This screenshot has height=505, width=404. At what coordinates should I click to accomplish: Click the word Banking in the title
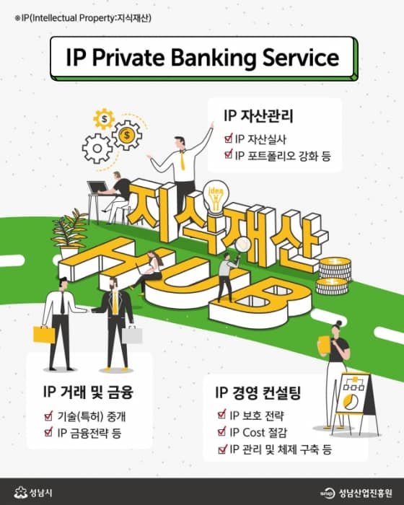click(x=214, y=58)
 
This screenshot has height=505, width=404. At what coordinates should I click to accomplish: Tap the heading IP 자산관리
click(x=258, y=116)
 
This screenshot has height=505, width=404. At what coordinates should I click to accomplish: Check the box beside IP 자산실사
click(x=229, y=139)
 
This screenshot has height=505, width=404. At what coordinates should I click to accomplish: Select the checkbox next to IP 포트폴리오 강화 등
click(x=229, y=154)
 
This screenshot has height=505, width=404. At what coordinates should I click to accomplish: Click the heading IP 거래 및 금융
click(x=88, y=392)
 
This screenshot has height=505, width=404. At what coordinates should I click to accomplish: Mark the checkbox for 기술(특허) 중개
click(x=48, y=416)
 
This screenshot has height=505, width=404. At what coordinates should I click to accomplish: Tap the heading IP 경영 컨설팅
click(x=258, y=392)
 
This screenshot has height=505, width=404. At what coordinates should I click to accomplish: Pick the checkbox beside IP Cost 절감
click(x=222, y=431)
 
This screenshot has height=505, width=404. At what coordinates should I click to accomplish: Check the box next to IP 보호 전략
click(x=222, y=415)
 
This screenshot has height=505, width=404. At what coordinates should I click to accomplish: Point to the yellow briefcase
click(x=44, y=335)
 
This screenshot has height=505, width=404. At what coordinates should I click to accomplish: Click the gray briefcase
click(x=132, y=335)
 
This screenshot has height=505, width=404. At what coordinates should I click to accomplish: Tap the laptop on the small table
click(x=98, y=188)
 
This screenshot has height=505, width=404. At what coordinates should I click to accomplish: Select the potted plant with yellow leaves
click(x=69, y=234)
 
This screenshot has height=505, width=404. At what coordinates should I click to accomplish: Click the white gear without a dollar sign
click(x=97, y=149)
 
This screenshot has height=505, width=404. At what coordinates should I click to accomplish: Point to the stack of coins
click(x=334, y=276)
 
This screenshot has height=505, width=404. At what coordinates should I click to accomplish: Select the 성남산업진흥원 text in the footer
click(x=365, y=493)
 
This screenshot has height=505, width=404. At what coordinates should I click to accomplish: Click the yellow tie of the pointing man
click(x=183, y=160)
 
